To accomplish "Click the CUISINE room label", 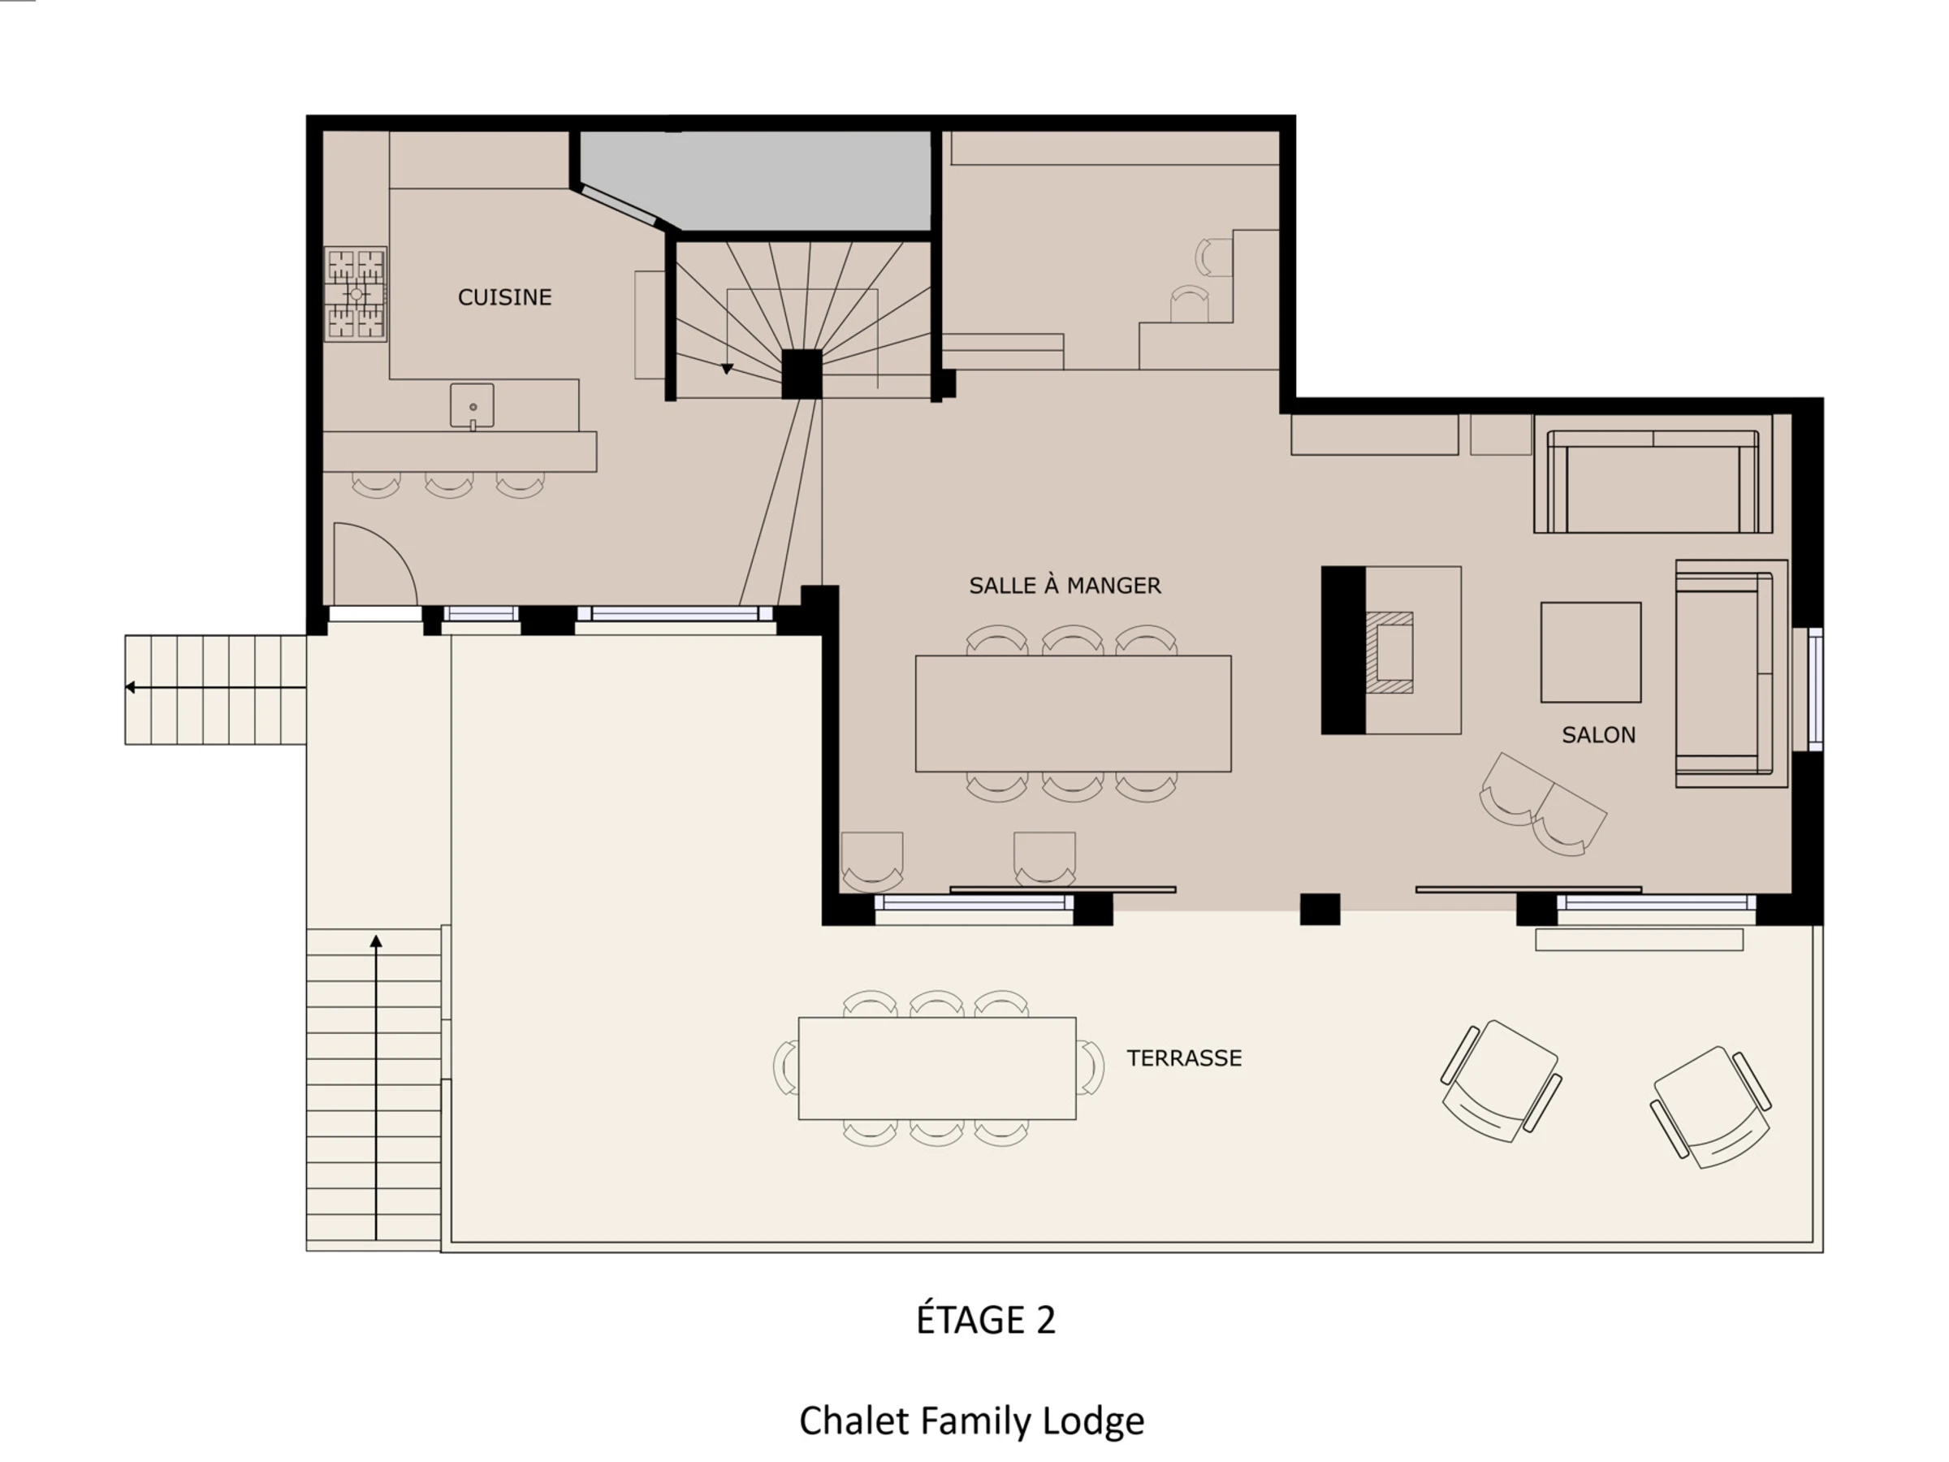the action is point(505,297).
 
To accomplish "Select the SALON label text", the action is point(1598,735).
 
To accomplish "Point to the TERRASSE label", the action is point(1184,1058).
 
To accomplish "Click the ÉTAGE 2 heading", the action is point(985,1318).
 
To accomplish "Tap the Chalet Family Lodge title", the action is point(971,1421).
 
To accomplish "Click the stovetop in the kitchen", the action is point(355,293).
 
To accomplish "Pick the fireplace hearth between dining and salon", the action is point(1390,652).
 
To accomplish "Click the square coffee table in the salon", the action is point(1590,652).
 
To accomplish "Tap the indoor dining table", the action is point(1074,714).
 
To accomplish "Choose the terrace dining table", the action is point(936,1068).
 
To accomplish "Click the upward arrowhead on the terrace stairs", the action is point(376,941).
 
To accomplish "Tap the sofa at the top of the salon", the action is point(1653,481).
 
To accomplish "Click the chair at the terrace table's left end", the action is point(786,1067).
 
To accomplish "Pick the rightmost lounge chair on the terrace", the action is point(1710,1108).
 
